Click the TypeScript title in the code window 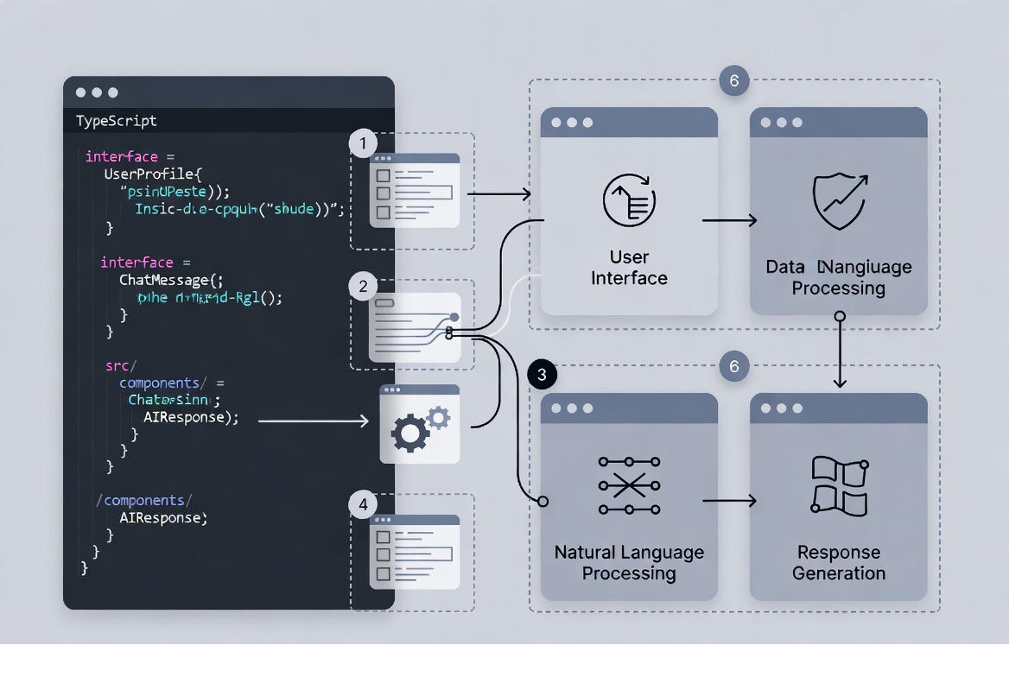tap(117, 120)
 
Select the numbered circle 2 tap(364, 286)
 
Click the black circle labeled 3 tap(542, 374)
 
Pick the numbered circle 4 tap(364, 505)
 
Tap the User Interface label tap(628, 268)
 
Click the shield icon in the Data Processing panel tap(839, 202)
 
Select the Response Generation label tap(839, 562)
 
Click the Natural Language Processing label tap(628, 562)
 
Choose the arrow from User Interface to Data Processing tap(730, 221)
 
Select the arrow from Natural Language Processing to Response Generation tap(730, 501)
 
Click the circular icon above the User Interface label tap(628, 200)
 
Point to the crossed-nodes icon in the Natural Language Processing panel tap(628, 486)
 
